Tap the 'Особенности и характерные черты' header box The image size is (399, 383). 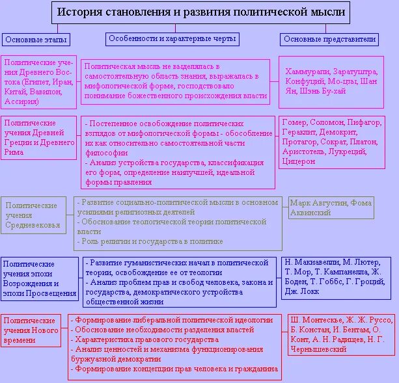coord(172,39)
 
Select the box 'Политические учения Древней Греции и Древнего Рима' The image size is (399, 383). coord(40,138)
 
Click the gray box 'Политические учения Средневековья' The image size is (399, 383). coord(36,216)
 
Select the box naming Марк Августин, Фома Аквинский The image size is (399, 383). coord(331,207)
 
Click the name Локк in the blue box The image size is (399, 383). coord(308,293)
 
